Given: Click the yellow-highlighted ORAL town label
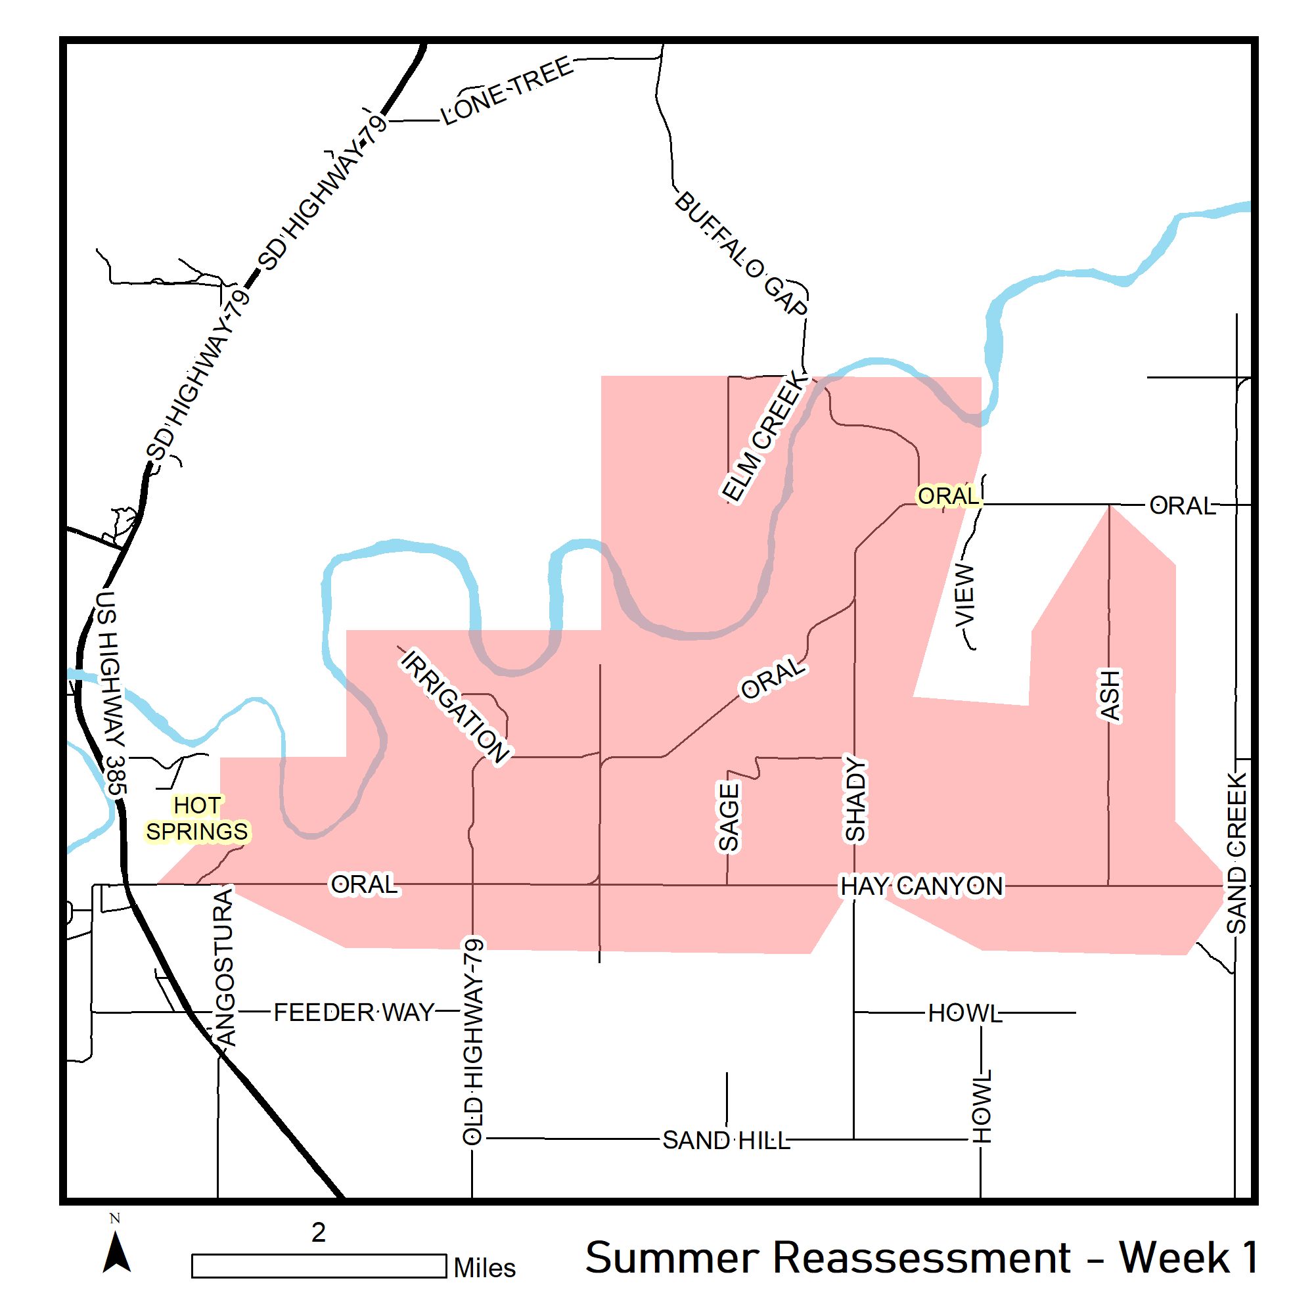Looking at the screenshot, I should (947, 496).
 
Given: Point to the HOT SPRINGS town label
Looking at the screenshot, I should (197, 818).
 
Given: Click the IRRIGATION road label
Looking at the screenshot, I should (455, 706).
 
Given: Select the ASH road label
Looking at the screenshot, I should (1109, 695).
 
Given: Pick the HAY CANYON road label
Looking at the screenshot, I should (922, 886).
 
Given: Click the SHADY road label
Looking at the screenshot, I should (855, 800).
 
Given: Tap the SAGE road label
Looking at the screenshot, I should (729, 816).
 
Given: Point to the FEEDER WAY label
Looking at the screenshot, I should (353, 1012).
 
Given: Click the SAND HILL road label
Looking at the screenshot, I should (727, 1141).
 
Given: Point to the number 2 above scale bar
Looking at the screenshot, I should (318, 1232).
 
